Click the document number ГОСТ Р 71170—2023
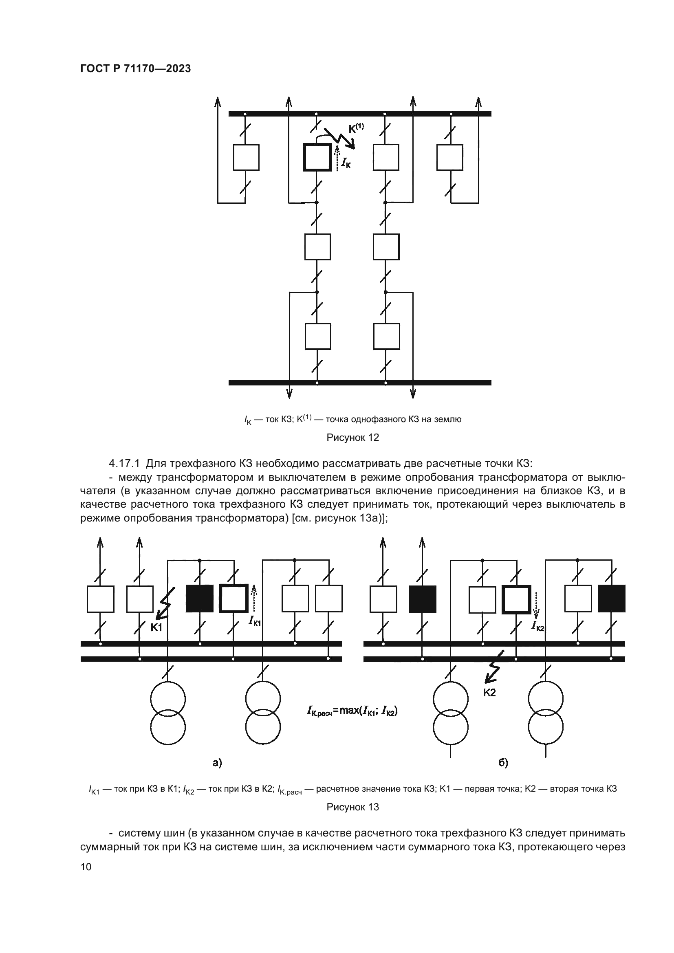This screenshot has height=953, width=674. [x=135, y=69]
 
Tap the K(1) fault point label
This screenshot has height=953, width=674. [x=356, y=128]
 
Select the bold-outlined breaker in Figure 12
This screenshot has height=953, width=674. [x=317, y=157]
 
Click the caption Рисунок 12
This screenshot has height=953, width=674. [x=353, y=438]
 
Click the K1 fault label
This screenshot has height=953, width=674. [x=156, y=627]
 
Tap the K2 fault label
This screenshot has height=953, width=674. [x=489, y=693]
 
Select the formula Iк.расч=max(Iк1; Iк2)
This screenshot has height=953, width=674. [x=352, y=711]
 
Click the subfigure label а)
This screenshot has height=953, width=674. [x=217, y=762]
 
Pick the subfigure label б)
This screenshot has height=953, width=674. [x=503, y=762]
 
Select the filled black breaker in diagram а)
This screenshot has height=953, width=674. [x=200, y=599]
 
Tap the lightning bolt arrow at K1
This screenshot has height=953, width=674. [x=165, y=604]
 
